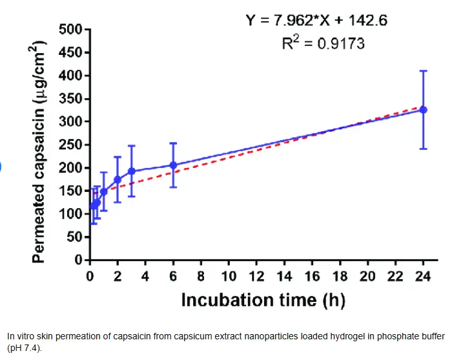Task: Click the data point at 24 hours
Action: point(424,110)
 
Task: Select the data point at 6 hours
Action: point(173,165)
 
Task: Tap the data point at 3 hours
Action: point(131,171)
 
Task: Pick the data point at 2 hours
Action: point(118,180)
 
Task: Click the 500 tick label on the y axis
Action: point(69,30)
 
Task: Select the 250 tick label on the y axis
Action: point(69,145)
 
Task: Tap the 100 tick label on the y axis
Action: point(69,214)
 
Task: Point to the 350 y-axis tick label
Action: point(69,99)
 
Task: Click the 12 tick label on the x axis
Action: point(256,277)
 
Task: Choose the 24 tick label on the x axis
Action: point(423,277)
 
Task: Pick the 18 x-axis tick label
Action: point(340,277)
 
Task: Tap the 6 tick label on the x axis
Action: point(173,277)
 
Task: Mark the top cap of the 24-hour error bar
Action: point(424,71)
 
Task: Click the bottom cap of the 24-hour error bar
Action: point(424,149)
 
